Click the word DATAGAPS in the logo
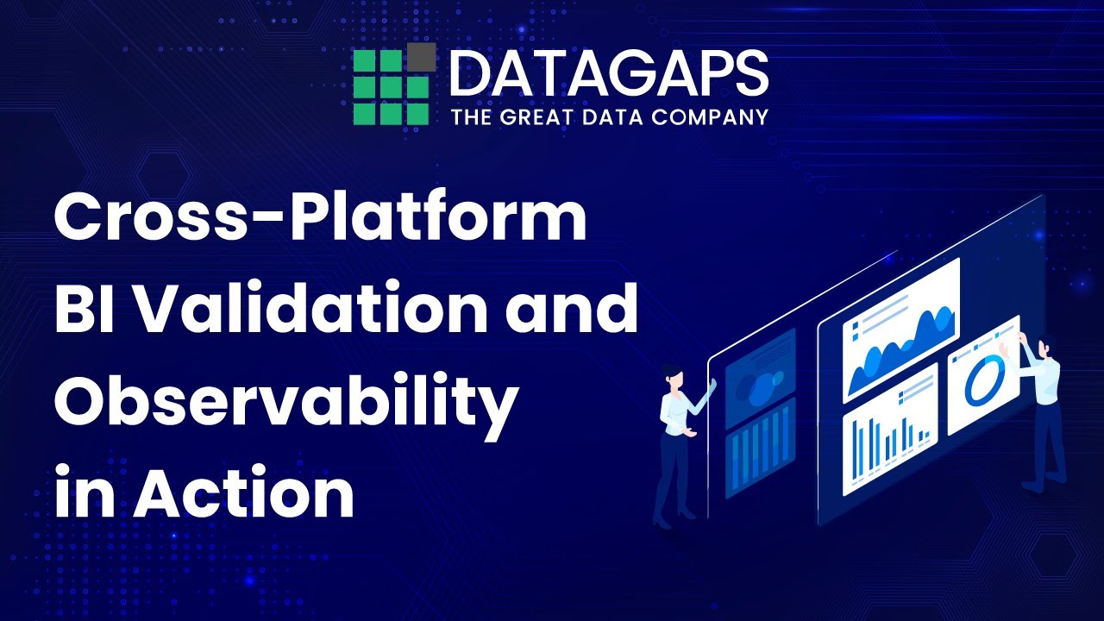(x=608, y=74)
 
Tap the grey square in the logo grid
(x=420, y=58)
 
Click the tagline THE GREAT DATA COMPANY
(x=608, y=116)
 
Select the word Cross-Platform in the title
(x=320, y=218)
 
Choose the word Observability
(x=285, y=402)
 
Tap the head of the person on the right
(x=1045, y=346)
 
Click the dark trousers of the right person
(x=1049, y=440)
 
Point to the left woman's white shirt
(x=675, y=411)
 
